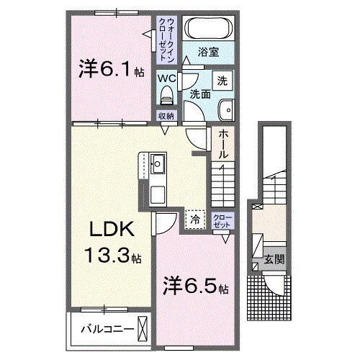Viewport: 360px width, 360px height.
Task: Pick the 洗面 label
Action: pyautogui.click(x=200, y=94)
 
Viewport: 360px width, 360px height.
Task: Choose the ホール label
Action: pyautogui.click(x=223, y=143)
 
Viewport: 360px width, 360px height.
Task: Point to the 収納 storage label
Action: pyautogui.click(x=166, y=116)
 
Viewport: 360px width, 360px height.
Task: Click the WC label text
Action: pyautogui.click(x=167, y=78)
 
